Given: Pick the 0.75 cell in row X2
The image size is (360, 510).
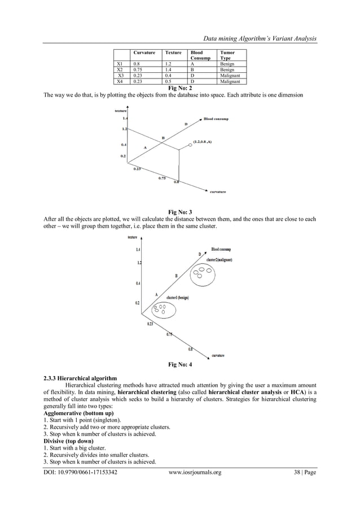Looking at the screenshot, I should (137, 70).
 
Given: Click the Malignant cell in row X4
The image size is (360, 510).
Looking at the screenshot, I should (230, 81).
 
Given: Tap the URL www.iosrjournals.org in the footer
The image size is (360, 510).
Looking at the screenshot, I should (195, 472).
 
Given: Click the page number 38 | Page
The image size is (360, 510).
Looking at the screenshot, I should (302, 472).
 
